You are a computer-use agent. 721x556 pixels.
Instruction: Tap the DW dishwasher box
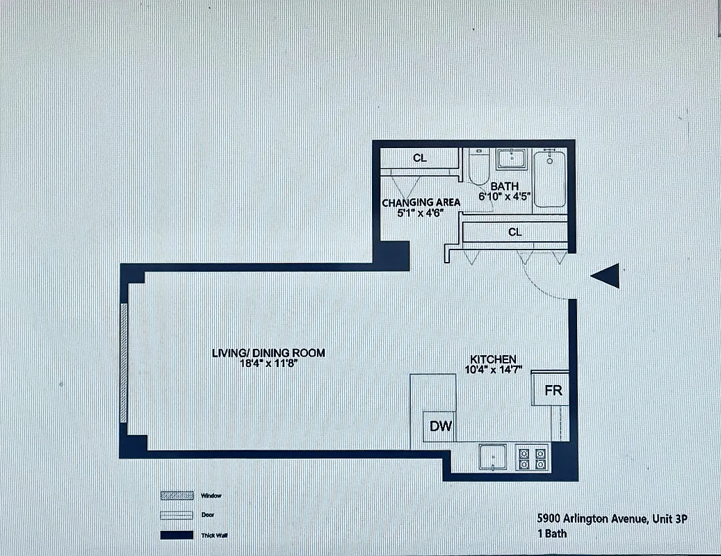tap(439, 427)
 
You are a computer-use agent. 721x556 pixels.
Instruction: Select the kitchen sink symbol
tap(494, 457)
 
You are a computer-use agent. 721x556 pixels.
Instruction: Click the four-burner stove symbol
tap(532, 457)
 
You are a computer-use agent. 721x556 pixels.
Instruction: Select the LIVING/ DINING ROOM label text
tap(268, 353)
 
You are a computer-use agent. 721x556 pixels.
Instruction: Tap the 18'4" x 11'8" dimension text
tap(268, 363)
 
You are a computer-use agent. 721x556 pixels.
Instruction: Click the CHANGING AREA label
tap(421, 203)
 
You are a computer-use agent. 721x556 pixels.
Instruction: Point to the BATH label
tap(504, 186)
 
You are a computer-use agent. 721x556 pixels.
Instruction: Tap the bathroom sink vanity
tap(512, 159)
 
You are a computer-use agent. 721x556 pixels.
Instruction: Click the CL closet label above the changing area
tap(419, 158)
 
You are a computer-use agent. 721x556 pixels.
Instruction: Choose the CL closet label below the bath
tap(515, 232)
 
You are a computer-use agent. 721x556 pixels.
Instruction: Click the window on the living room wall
tap(124, 362)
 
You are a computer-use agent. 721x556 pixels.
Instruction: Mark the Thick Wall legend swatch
tap(177, 535)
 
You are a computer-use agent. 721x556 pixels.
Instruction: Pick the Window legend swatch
tap(177, 496)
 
